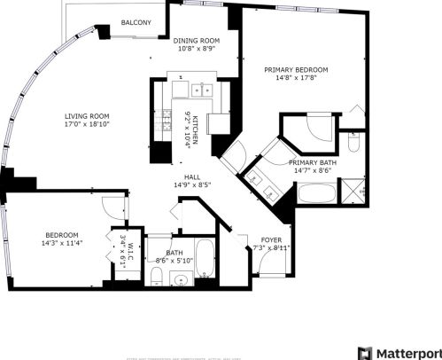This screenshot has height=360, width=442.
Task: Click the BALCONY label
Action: coord(136,22)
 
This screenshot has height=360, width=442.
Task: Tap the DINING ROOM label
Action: coord(195,40)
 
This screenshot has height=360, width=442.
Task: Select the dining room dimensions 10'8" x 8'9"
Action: coord(195,50)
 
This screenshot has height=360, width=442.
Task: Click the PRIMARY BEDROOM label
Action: coord(296,69)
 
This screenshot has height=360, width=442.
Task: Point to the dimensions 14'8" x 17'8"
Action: coord(296,79)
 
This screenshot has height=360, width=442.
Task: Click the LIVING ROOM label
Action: coord(86,116)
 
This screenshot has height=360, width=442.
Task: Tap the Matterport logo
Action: coord(396,352)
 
